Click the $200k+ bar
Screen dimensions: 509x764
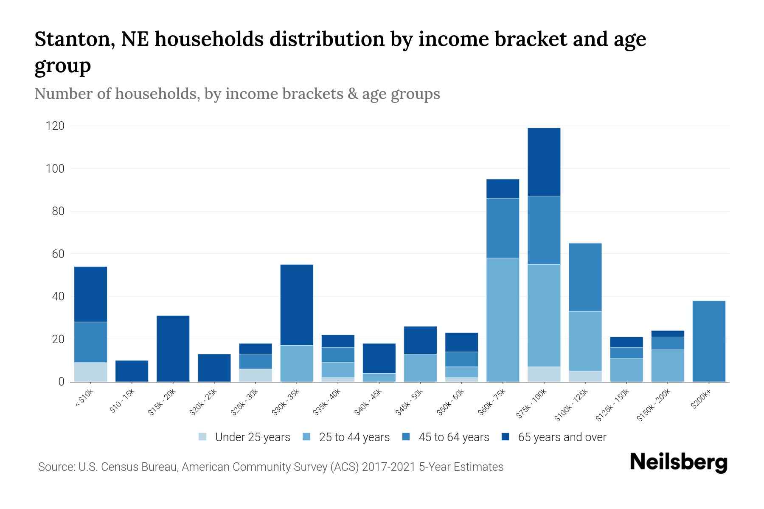point(708,341)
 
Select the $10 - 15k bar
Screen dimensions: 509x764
point(132,371)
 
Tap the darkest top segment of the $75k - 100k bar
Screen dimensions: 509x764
point(544,162)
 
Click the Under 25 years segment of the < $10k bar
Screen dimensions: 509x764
point(90,372)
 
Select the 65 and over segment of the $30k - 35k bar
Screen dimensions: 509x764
point(297,305)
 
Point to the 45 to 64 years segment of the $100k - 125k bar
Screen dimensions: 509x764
point(585,277)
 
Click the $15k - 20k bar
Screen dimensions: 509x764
point(173,348)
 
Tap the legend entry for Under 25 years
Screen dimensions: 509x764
point(252,437)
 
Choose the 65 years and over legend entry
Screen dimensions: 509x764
point(562,437)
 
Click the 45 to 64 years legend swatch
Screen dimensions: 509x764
point(406,437)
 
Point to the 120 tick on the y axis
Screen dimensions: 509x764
point(55,126)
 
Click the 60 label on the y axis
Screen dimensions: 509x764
point(58,254)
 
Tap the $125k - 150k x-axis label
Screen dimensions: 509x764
point(612,406)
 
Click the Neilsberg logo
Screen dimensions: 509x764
point(678,462)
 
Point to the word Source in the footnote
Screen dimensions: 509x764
point(56,467)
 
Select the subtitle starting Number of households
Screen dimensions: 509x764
point(237,94)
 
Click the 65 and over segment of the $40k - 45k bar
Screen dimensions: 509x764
point(379,358)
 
